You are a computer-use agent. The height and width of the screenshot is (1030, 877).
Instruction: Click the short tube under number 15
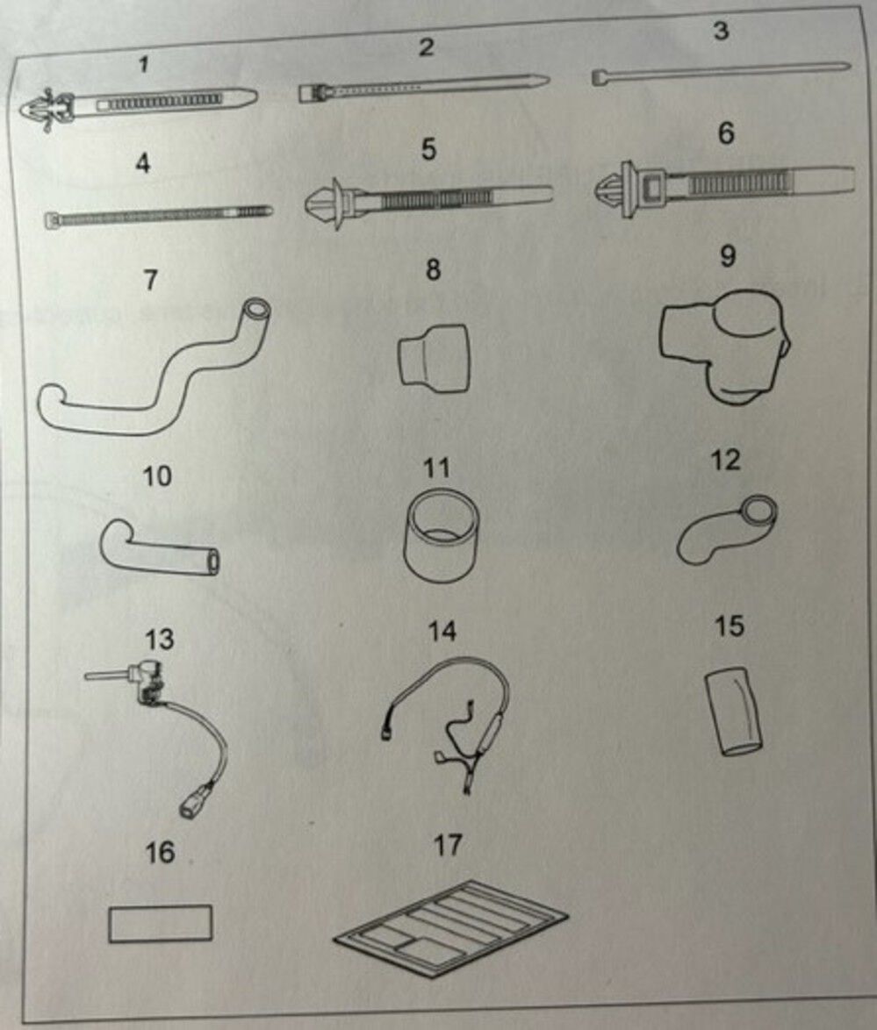[735, 712]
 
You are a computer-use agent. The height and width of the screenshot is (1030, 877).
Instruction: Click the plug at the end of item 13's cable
[192, 804]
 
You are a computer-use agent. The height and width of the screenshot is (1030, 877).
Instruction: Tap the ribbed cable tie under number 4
[158, 216]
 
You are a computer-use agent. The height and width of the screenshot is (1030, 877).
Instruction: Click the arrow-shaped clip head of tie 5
[323, 203]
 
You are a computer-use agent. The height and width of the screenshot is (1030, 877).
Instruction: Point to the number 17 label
[448, 845]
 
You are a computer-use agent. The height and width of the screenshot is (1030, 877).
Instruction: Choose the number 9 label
[727, 256]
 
